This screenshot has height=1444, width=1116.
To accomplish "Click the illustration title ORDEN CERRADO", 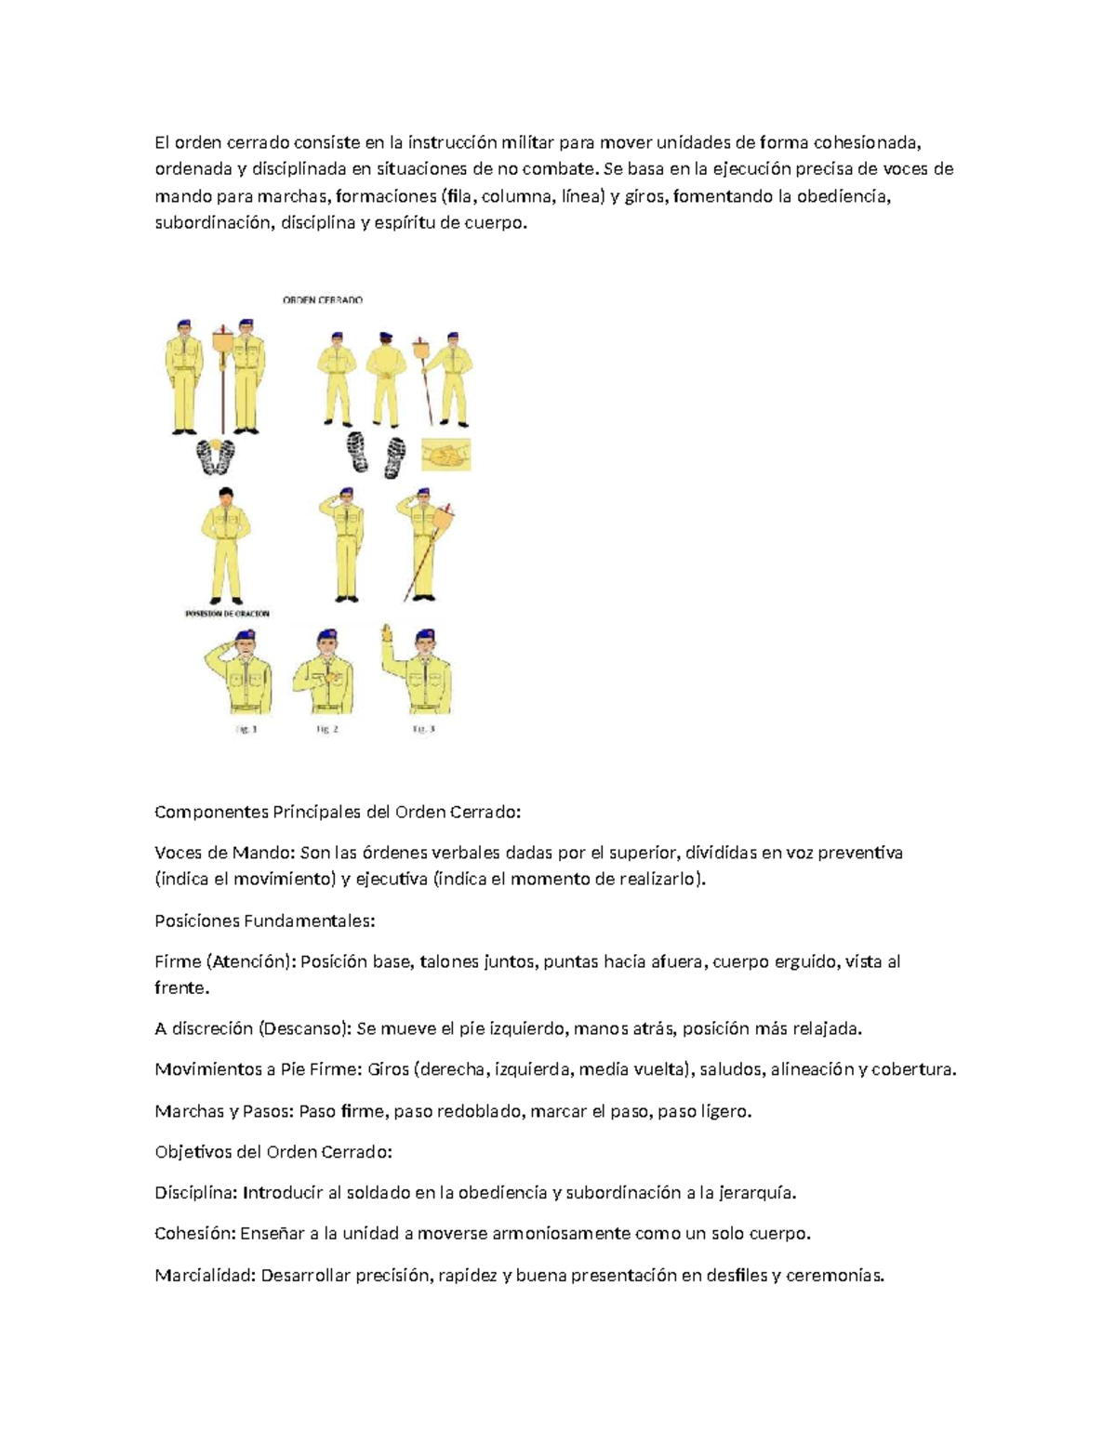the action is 323,299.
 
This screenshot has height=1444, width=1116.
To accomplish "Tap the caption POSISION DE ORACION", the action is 227,614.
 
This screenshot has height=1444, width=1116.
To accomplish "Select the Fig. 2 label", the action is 327,729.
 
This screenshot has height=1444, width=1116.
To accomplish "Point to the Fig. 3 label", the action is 423,729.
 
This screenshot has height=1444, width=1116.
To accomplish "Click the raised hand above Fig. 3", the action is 387,632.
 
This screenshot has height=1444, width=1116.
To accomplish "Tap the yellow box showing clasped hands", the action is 446,455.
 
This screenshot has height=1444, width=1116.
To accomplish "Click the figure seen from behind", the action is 386,379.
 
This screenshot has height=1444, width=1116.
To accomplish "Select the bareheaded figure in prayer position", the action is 226,546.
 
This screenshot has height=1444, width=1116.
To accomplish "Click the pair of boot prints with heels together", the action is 216,457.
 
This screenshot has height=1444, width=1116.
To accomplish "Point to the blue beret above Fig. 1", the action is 246,635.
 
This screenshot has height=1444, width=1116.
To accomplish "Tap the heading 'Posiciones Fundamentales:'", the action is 264,921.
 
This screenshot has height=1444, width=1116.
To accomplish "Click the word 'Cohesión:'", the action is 194,1234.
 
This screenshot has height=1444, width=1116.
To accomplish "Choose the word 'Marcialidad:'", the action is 205,1275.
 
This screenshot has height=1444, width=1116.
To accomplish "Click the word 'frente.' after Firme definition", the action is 181,988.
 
